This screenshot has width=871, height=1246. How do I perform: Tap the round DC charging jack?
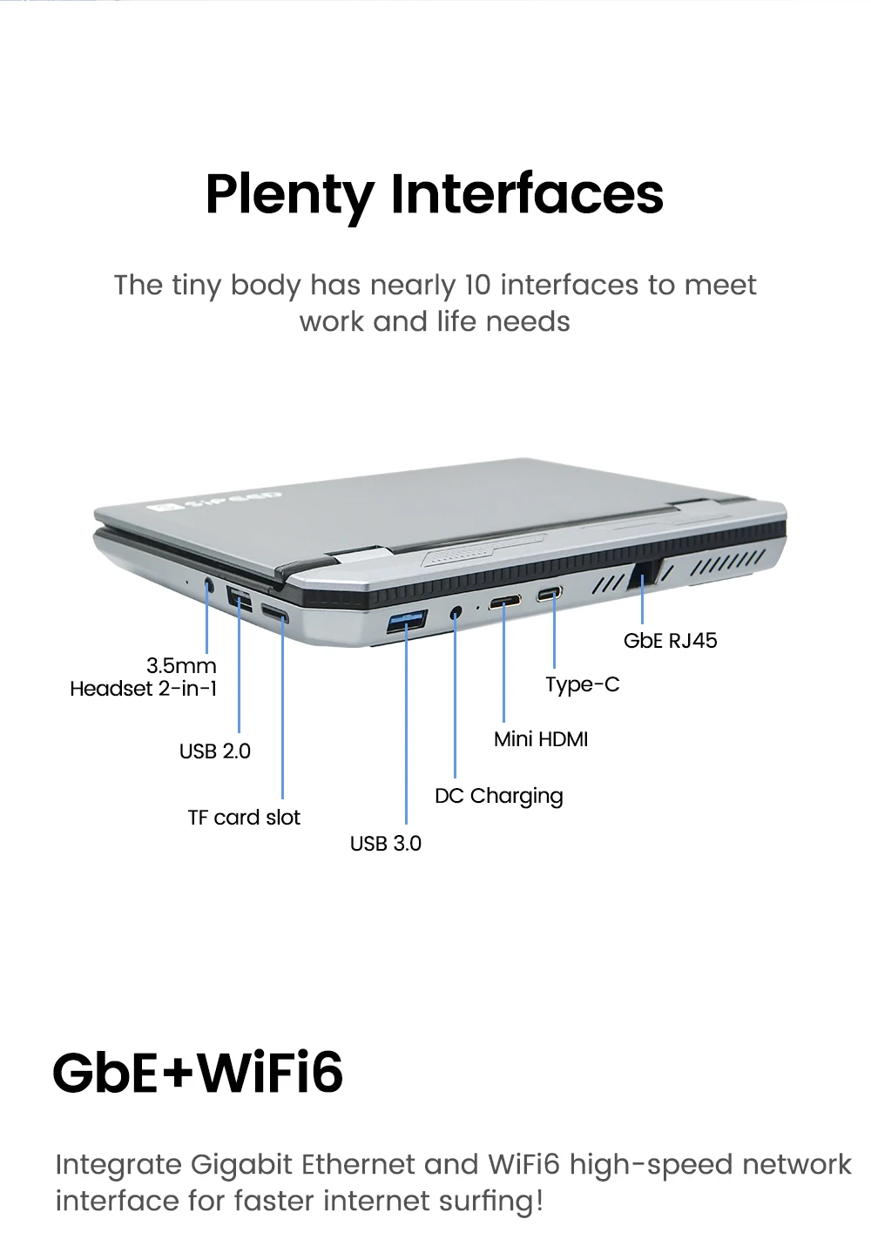[456, 614]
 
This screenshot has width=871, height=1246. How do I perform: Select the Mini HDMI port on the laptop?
[505, 602]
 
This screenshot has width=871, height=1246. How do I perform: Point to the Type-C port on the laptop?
[550, 594]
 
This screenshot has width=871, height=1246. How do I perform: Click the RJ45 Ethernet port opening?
[644, 574]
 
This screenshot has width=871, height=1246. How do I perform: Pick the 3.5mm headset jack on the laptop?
[209, 585]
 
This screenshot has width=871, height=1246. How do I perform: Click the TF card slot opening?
[275, 613]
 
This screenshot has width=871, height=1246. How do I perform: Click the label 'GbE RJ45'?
[670, 641]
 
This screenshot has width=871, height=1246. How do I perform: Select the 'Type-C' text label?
[582, 684]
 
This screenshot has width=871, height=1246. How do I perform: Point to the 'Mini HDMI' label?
[541, 739]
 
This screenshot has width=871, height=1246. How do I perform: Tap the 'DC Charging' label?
[499, 796]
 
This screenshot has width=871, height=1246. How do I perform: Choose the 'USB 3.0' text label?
[386, 843]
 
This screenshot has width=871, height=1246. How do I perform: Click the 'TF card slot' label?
[244, 817]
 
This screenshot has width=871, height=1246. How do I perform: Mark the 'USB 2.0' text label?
[215, 751]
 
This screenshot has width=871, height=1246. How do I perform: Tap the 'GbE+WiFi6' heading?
[198, 1072]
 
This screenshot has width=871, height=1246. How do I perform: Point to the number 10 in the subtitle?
[477, 286]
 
